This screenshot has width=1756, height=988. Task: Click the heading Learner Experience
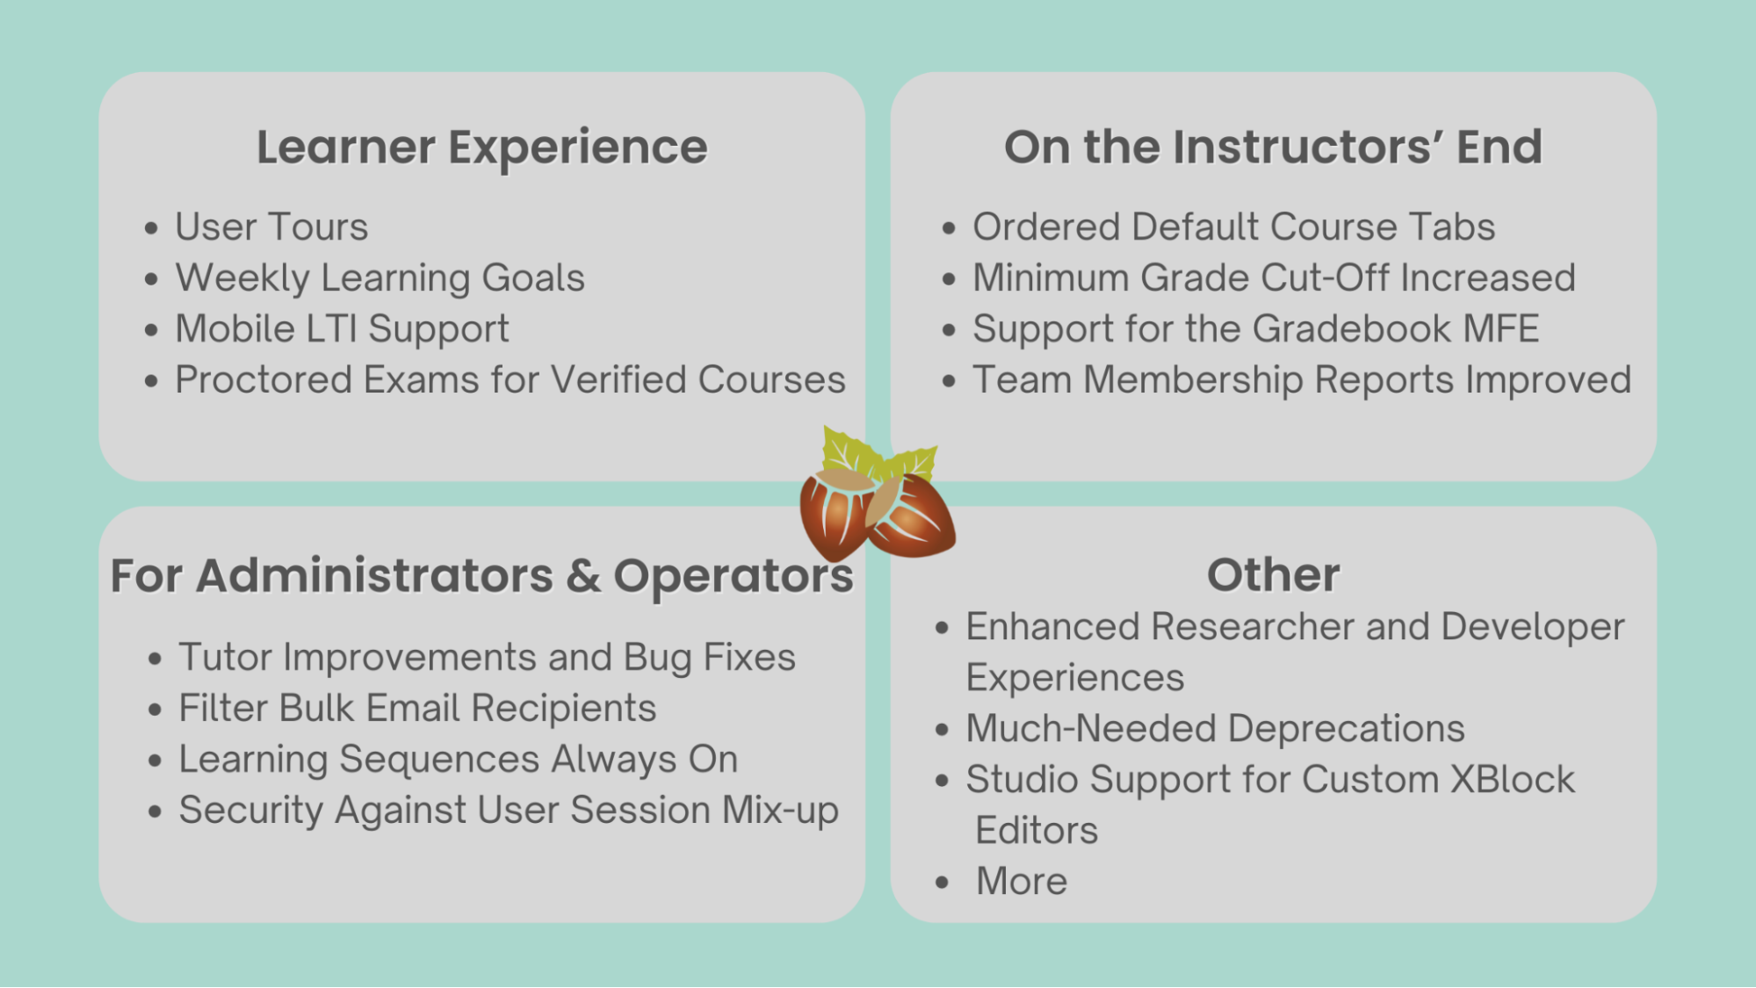coord(481,148)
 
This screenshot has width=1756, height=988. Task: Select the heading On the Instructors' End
coord(1273,148)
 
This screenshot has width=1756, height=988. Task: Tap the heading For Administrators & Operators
coord(481,576)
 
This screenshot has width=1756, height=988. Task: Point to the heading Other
coord(1273,575)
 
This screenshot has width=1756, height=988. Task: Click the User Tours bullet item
coord(271,227)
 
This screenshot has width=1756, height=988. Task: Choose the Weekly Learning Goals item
coord(379,278)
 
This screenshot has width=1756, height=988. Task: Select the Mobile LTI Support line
coord(342,329)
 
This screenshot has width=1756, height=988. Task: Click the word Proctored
coord(264,380)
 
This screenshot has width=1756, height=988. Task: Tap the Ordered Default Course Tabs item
coord(1233,227)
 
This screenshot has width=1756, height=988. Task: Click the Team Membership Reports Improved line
coord(1301,380)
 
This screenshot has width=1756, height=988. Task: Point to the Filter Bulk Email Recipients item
coord(417,708)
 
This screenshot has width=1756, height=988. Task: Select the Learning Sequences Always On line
coord(458,759)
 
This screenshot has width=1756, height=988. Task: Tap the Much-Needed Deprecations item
coord(1215,728)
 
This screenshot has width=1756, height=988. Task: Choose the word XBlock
coord(1513,779)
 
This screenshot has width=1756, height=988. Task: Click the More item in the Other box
coord(1022,881)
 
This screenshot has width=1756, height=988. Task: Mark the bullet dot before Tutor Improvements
coord(155,659)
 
